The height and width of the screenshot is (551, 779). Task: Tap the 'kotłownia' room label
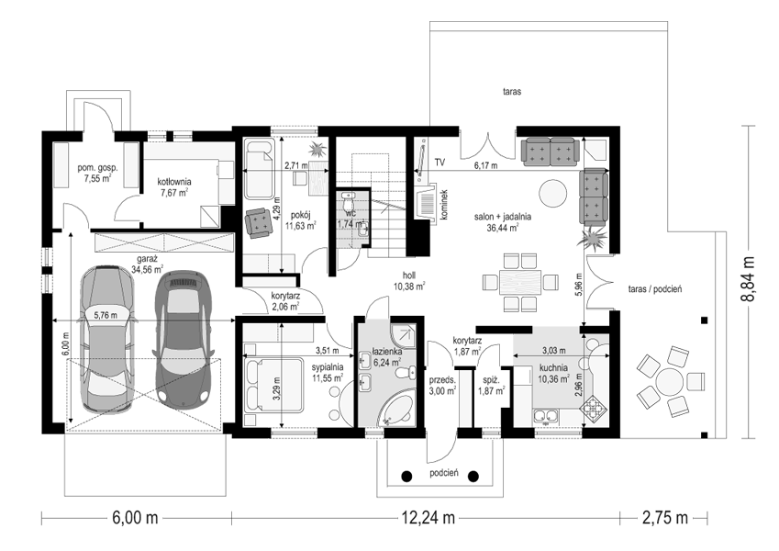point(174,182)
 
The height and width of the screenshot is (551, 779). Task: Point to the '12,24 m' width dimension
point(428,518)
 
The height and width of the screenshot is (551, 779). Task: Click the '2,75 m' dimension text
point(665,518)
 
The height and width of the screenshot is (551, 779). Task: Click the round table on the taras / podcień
point(670,381)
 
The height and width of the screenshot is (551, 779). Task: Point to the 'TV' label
point(440,163)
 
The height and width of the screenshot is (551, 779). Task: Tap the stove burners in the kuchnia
point(595,409)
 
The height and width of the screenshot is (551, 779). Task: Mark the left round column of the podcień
point(406,476)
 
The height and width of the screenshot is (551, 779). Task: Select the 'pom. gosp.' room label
point(97,168)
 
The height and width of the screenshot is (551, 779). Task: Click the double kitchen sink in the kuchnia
point(547,416)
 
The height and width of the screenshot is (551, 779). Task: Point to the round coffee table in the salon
point(553,194)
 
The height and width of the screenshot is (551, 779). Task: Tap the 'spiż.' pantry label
point(489,380)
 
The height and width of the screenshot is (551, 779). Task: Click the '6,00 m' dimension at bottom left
point(135,518)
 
